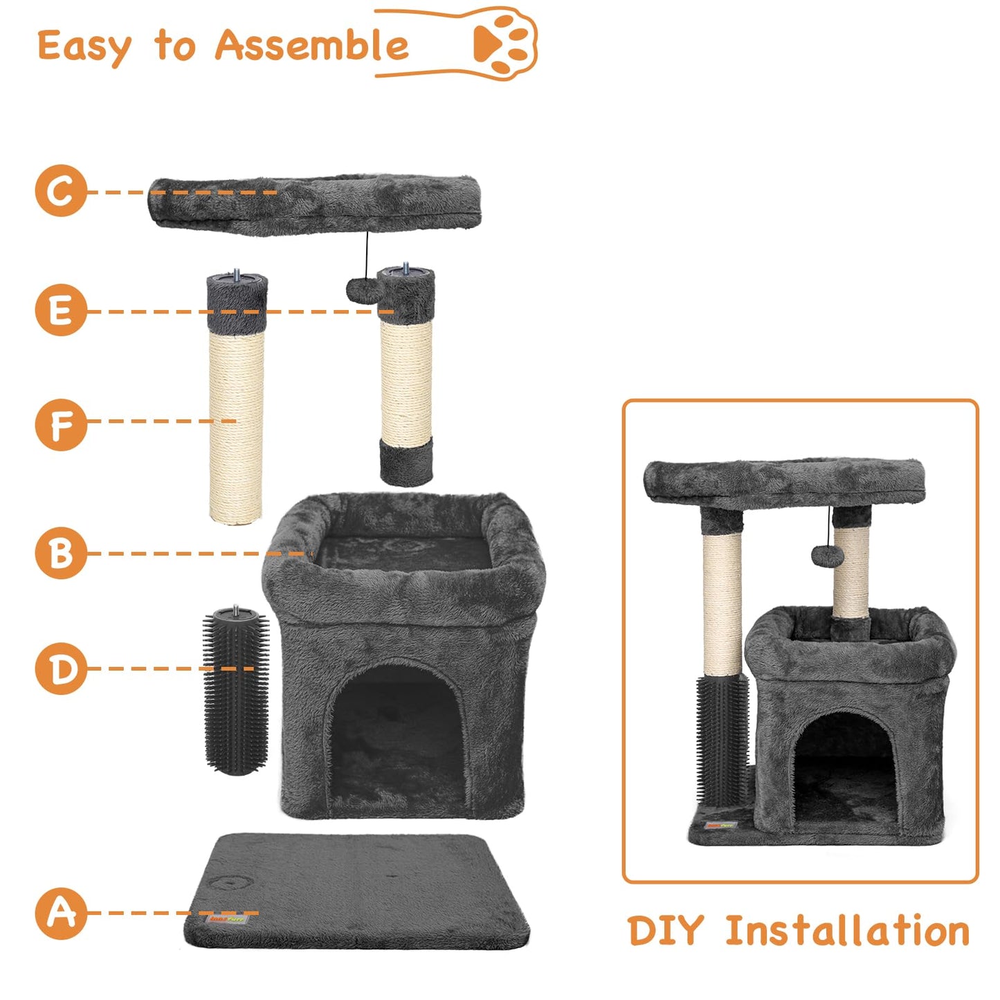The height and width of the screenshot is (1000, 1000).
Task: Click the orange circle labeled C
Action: (x=61, y=191)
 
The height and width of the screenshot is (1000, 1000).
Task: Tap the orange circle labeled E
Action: (x=61, y=311)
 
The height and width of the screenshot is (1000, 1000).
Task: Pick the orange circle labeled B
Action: (x=61, y=553)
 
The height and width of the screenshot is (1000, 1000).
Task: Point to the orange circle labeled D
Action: (x=61, y=669)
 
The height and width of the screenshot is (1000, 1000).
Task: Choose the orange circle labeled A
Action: (x=61, y=913)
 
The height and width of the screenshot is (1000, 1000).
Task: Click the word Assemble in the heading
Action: (x=311, y=46)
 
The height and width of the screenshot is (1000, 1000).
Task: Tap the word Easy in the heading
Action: (x=83, y=47)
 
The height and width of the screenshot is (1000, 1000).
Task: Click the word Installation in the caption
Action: (x=847, y=931)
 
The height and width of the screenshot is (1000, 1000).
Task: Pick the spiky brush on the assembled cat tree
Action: (x=722, y=737)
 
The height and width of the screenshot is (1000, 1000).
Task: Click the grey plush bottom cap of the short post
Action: (x=406, y=461)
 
